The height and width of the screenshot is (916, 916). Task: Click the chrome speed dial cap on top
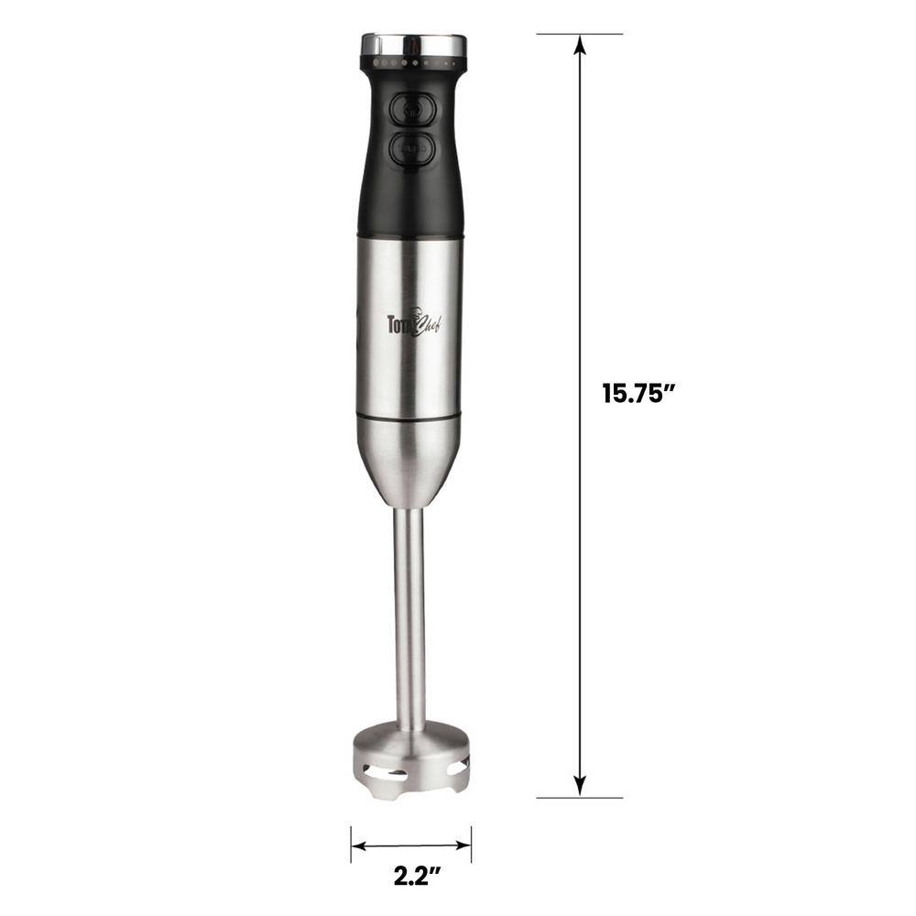pos(414,43)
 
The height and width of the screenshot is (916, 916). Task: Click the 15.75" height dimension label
pos(638,394)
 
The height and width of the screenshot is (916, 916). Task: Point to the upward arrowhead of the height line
pos(579,46)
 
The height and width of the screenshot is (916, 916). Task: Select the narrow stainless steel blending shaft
pos(409,614)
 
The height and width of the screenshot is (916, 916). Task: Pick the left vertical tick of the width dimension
pos(351,844)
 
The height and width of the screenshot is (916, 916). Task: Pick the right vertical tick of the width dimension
pos(471,844)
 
